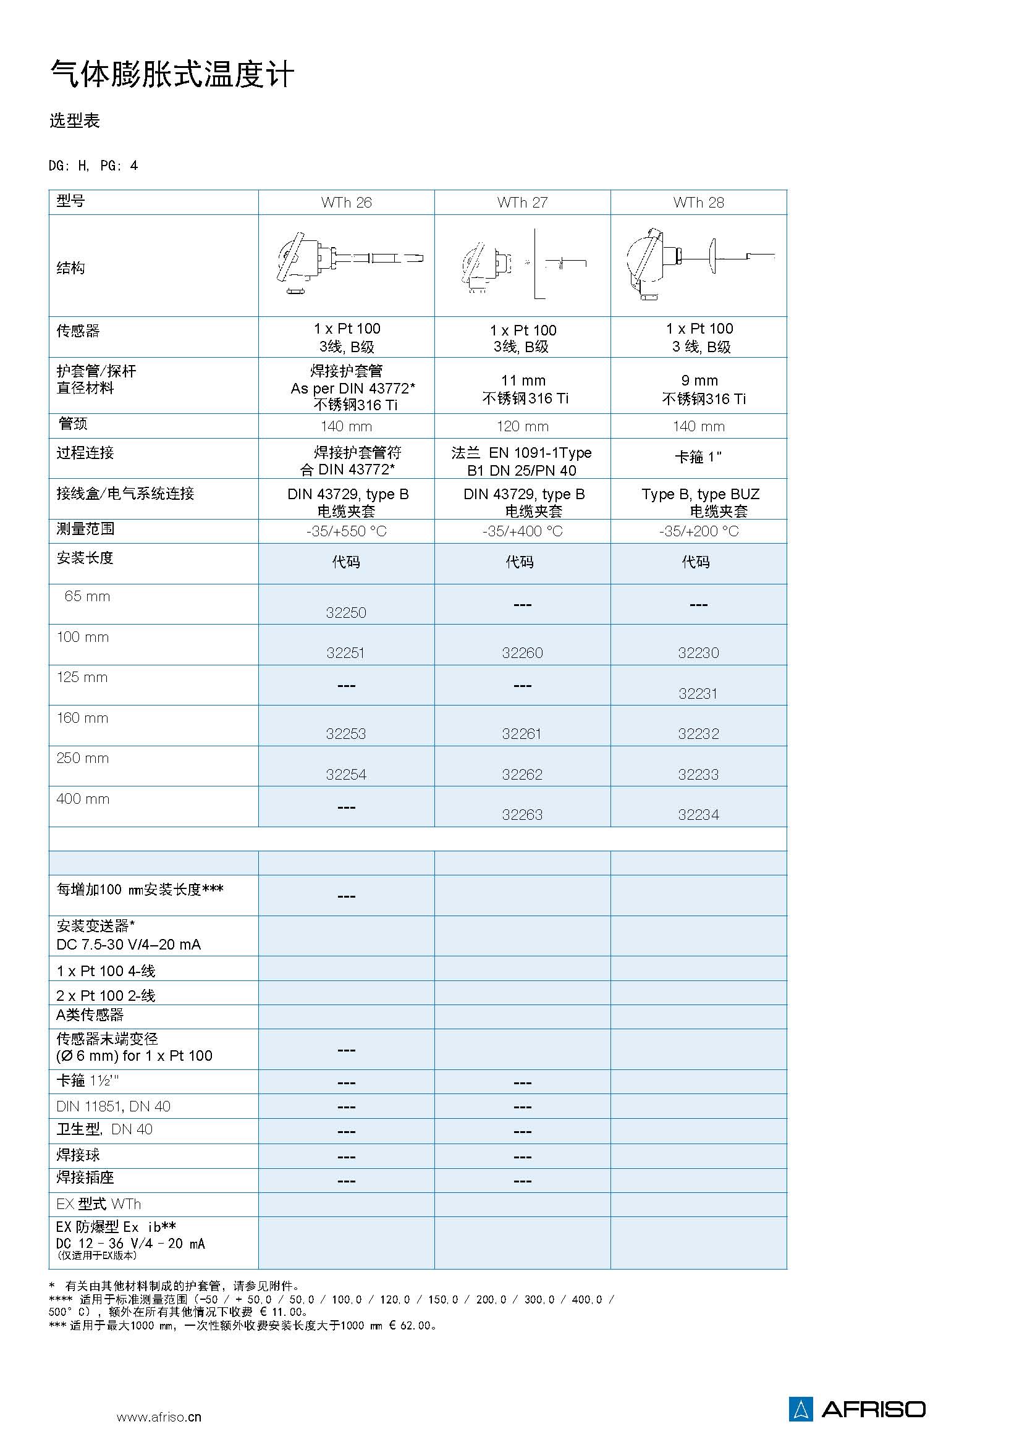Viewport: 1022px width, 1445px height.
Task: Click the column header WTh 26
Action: point(346,203)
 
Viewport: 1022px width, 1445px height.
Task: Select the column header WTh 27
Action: point(522,203)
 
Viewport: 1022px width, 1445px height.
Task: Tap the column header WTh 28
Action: point(699,203)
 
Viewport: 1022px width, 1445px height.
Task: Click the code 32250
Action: point(346,612)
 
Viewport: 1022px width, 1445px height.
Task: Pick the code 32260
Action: point(522,652)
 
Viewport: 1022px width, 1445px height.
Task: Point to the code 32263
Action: point(522,815)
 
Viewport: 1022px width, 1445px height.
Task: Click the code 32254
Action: point(346,775)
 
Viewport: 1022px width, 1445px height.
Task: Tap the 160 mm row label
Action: point(82,718)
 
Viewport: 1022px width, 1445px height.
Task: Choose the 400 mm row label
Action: point(83,799)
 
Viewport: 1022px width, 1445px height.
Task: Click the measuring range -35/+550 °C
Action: point(346,531)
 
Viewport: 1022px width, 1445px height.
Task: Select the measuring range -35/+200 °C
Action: point(699,531)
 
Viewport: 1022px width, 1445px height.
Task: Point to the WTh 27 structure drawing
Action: point(522,264)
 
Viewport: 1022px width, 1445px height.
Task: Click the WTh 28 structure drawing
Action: point(699,264)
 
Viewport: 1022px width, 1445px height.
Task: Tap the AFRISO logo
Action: point(857,1409)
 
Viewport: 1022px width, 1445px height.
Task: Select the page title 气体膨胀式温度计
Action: point(172,75)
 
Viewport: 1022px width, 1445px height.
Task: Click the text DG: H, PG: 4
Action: point(93,166)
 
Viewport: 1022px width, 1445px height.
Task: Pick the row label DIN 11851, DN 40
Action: point(113,1106)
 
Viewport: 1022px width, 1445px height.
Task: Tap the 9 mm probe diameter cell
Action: point(699,381)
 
